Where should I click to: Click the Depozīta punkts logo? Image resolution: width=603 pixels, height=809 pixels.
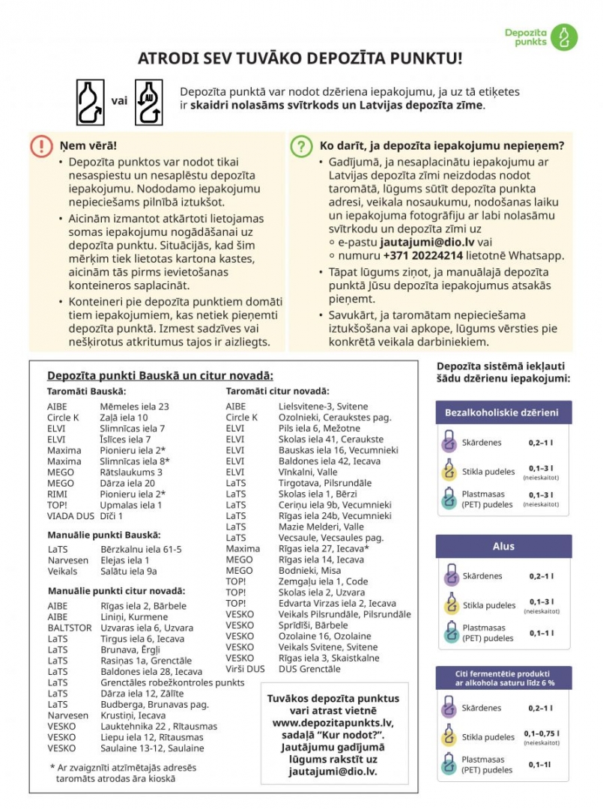[x=541, y=36]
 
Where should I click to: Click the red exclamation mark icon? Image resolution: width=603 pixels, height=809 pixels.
[x=41, y=145]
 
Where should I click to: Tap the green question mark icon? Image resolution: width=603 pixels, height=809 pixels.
[x=300, y=145]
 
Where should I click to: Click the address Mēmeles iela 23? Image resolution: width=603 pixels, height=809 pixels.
[x=134, y=406]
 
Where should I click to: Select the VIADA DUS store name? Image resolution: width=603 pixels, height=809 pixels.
[x=70, y=516]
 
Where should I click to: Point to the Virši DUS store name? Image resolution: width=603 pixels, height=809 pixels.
[x=245, y=669]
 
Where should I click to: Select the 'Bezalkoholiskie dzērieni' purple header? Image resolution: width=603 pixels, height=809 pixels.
[x=502, y=412]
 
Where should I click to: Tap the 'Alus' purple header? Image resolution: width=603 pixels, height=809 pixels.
[x=503, y=546]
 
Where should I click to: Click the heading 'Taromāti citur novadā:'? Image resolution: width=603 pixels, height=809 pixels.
[x=277, y=391]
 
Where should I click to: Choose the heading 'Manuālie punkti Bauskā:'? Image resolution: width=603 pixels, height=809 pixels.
[x=103, y=534]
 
